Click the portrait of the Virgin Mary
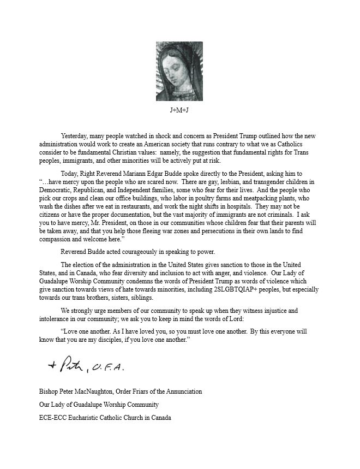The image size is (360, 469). [x=179, y=72]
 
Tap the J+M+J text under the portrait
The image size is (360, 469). [x=179, y=110]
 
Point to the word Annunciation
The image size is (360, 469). [x=181, y=391]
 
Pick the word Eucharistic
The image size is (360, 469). [x=90, y=418]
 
